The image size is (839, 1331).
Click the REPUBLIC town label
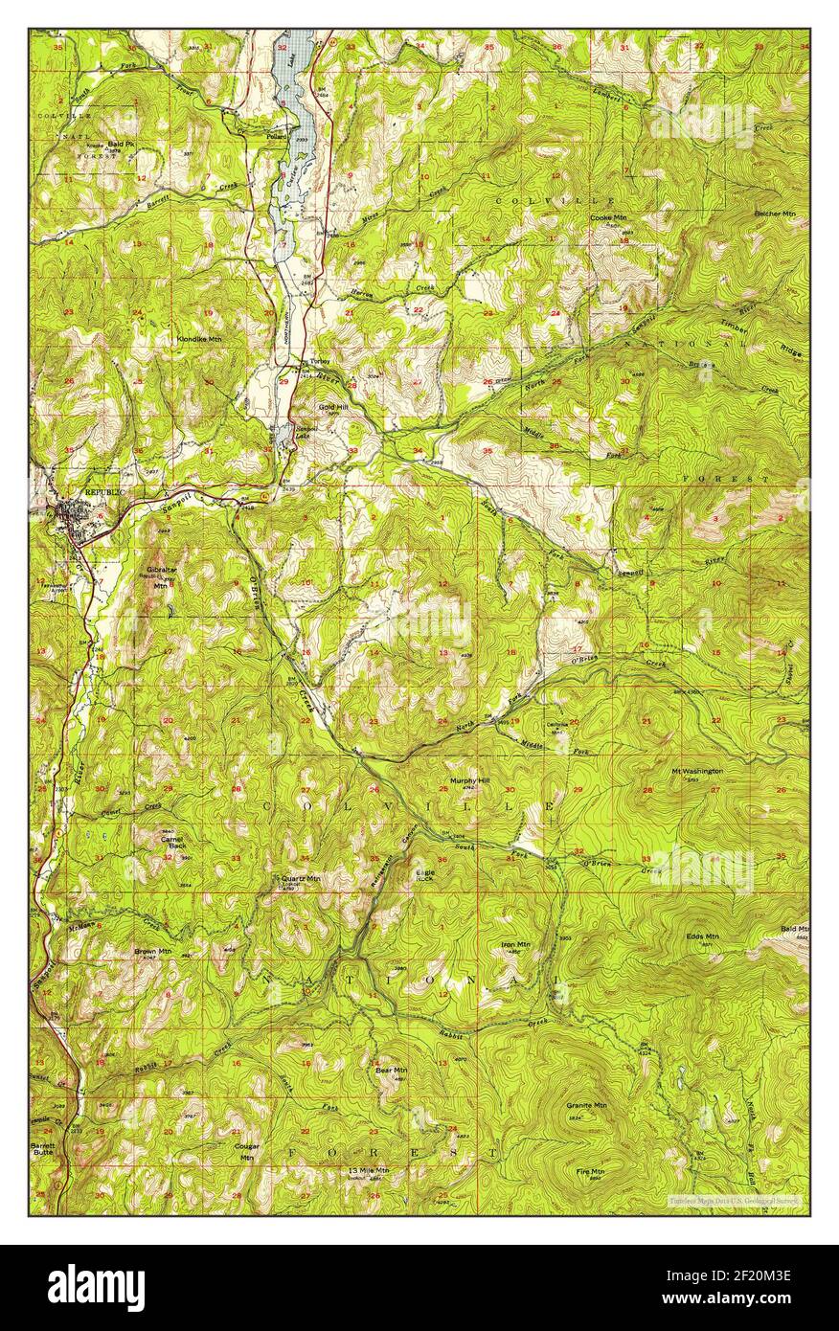pos(105,491)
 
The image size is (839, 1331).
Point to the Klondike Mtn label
pos(199,339)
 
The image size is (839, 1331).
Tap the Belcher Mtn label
pos(776,213)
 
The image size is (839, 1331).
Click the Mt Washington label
pos(696,771)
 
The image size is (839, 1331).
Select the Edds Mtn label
pos(702,936)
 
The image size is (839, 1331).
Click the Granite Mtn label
pos(586,1105)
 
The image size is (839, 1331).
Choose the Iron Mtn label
pos(514,944)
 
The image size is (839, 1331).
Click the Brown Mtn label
pos(152,951)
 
